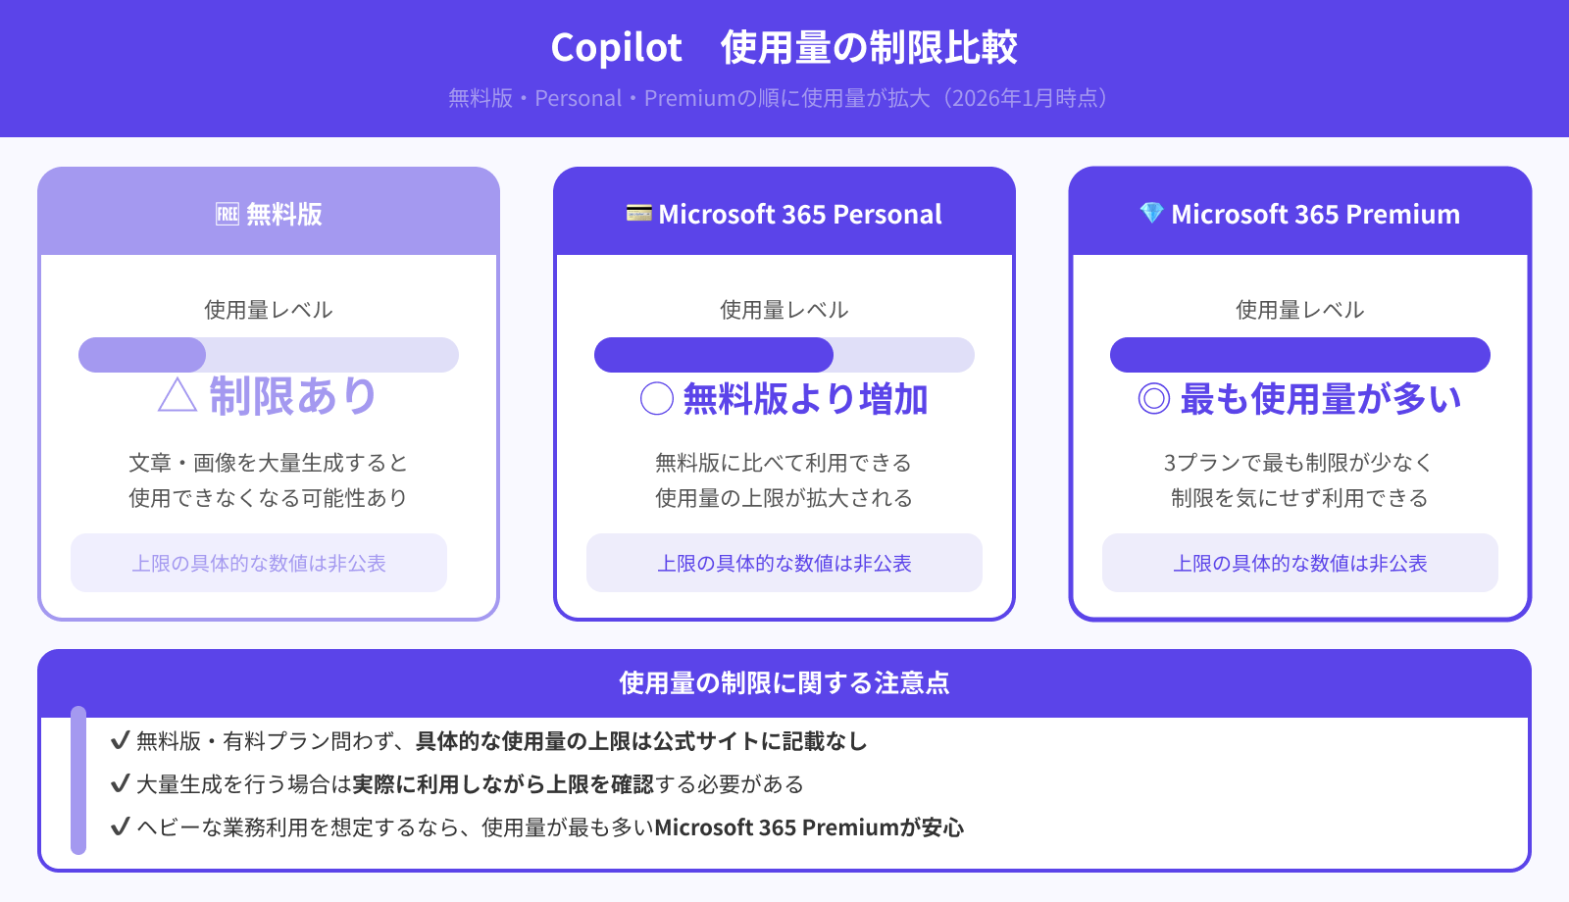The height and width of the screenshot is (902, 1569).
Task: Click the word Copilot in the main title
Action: pos(616,48)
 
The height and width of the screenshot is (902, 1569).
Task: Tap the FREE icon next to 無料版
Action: pos(228,214)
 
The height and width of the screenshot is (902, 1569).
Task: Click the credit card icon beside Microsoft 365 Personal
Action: pos(638,213)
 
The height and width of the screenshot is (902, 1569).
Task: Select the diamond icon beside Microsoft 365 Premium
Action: pos(1151,213)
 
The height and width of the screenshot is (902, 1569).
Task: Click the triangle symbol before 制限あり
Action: pos(177,396)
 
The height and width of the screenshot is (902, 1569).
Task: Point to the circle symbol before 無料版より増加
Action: pos(656,399)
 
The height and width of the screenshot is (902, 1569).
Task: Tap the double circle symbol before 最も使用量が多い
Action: pos(1153,399)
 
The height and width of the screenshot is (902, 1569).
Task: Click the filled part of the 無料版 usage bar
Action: pos(142,355)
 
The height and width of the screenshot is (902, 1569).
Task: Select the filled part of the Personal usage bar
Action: pos(713,355)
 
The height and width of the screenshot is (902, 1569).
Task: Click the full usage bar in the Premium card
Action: pos(1299,355)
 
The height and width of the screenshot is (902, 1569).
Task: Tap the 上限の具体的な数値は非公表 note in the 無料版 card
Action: pos(259,564)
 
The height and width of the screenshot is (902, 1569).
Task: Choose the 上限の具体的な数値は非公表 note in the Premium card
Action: pos(1299,564)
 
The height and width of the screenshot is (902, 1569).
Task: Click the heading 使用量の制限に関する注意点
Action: pos(784,683)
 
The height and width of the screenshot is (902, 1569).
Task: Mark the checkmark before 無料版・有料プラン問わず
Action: pos(120,740)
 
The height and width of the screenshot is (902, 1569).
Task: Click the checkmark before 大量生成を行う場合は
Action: pos(120,783)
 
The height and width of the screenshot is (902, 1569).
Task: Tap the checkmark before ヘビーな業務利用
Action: pos(120,827)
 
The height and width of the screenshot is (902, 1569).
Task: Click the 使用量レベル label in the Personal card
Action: pos(784,310)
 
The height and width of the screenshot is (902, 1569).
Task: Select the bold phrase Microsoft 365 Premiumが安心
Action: pos(809,827)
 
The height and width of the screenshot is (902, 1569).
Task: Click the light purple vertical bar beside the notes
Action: pos(78,780)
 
